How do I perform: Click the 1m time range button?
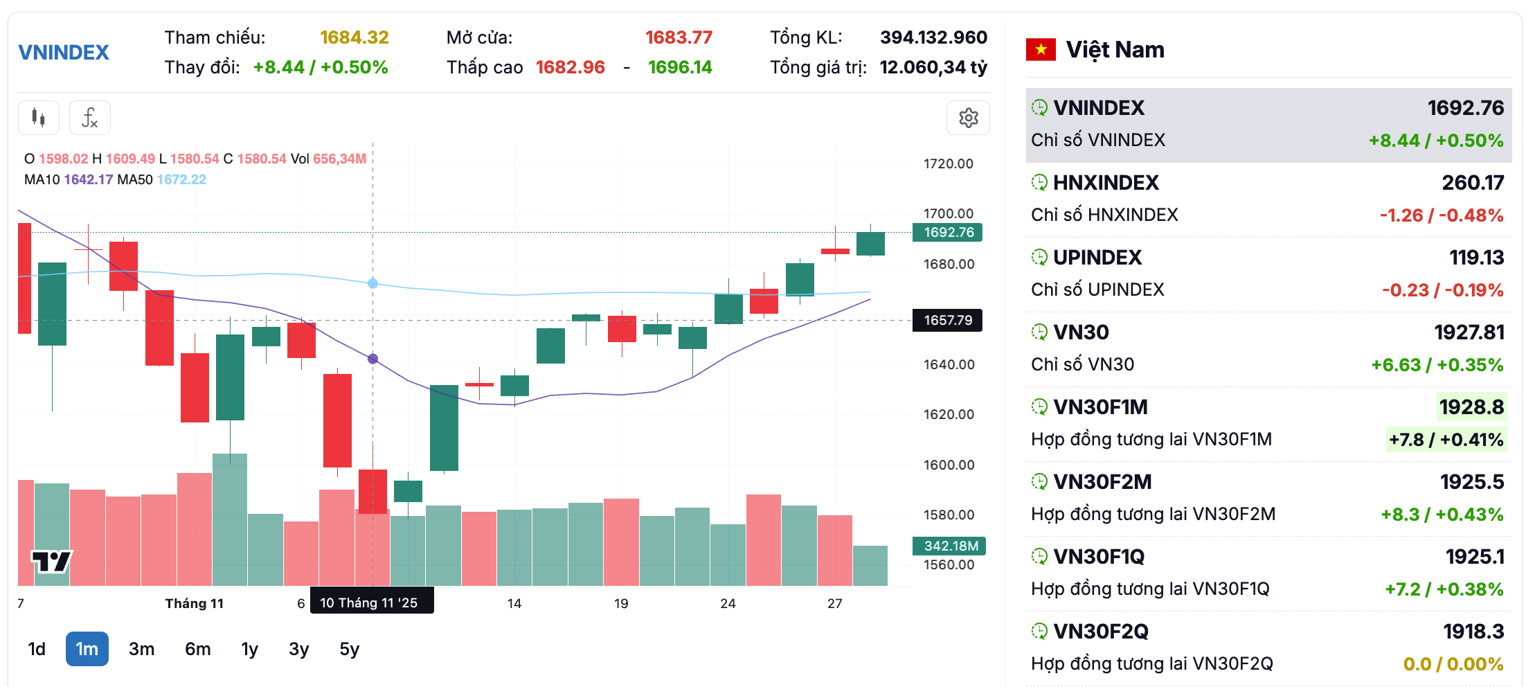pyautogui.click(x=87, y=649)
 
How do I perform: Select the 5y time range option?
pyautogui.click(x=349, y=649)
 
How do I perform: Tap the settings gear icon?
pyautogui.click(x=968, y=118)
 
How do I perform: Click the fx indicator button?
pyautogui.click(x=90, y=118)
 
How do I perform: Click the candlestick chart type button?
pyautogui.click(x=39, y=118)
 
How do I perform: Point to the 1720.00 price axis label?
pyautogui.click(x=948, y=163)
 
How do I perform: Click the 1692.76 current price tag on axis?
pyautogui.click(x=948, y=232)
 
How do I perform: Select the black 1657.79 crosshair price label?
pyautogui.click(x=947, y=320)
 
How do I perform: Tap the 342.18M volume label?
pyautogui.click(x=950, y=546)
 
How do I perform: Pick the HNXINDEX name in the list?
pyautogui.click(x=1106, y=183)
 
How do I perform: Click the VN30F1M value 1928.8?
pyautogui.click(x=1471, y=407)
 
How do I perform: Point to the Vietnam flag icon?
pyautogui.click(x=1041, y=50)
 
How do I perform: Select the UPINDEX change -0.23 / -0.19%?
pyautogui.click(x=1442, y=289)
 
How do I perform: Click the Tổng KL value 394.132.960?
pyautogui.click(x=933, y=37)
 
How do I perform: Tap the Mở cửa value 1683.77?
pyautogui.click(x=679, y=37)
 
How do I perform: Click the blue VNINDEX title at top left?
pyautogui.click(x=64, y=53)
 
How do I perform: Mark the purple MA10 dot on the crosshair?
pyautogui.click(x=373, y=359)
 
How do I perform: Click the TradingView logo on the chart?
pyautogui.click(x=51, y=560)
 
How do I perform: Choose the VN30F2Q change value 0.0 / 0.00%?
pyautogui.click(x=1453, y=663)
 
